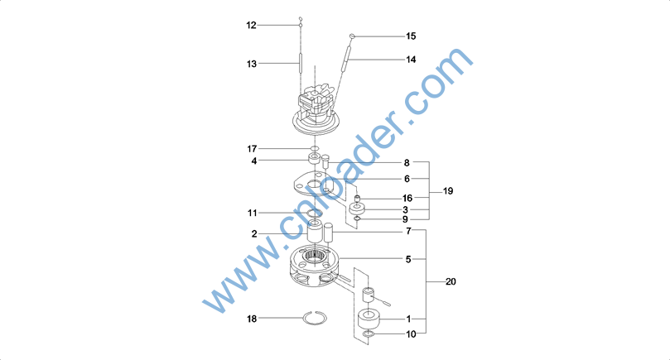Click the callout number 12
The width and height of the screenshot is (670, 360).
[251, 25]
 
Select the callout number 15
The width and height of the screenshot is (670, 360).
[411, 36]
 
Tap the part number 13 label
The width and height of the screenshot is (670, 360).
[252, 64]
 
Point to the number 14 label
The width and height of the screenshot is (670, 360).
[411, 60]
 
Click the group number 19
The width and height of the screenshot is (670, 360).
[448, 191]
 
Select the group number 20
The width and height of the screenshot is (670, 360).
[451, 281]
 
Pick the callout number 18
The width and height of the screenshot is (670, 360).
[252, 319]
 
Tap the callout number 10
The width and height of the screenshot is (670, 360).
[411, 334]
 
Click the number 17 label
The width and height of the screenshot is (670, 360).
[252, 149]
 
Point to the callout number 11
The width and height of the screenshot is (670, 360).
[252, 213]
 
